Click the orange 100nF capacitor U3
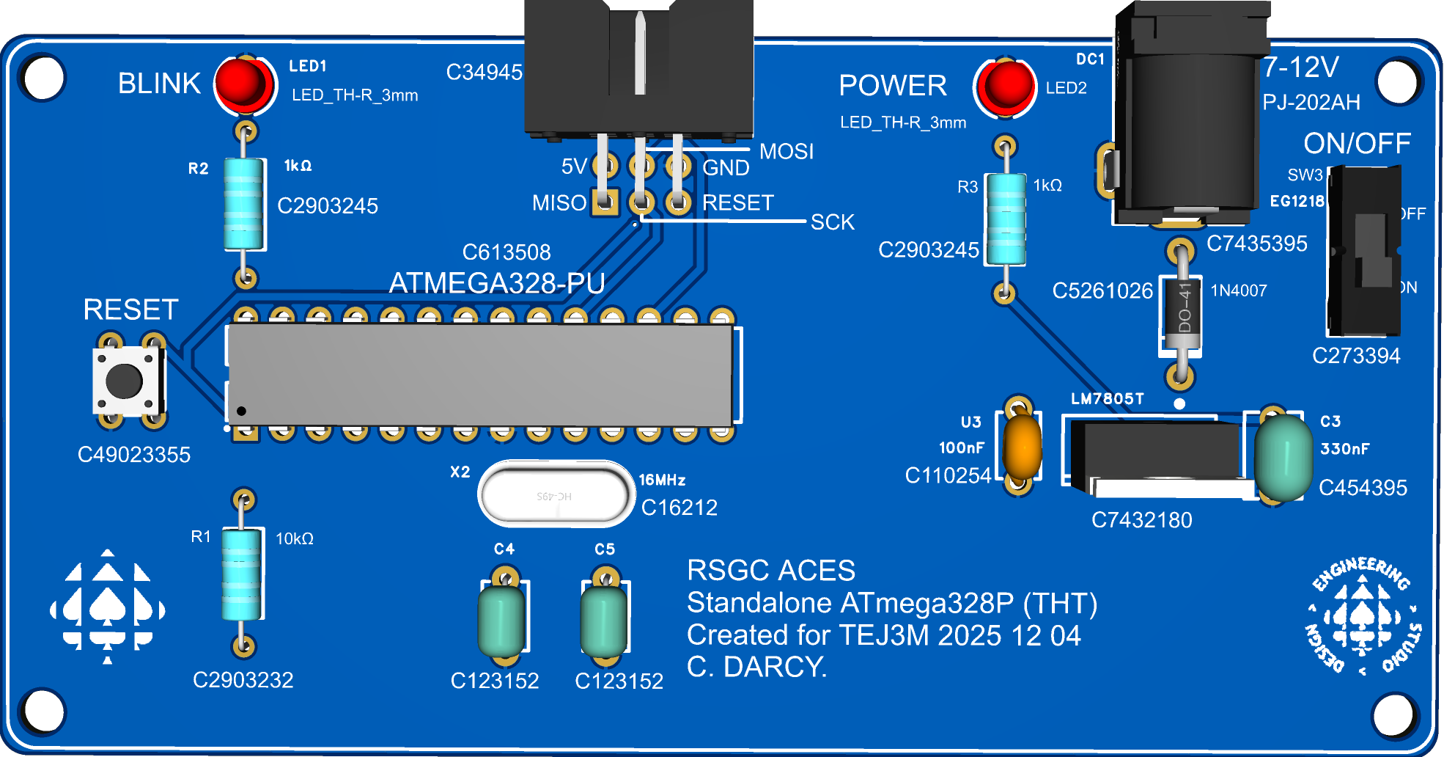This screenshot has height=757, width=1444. click(1022, 447)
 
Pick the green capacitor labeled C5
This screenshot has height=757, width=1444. click(604, 620)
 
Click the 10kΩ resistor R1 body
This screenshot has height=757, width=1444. click(242, 574)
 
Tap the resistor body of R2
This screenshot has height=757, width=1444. click(244, 204)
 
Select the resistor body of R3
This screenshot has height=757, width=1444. click(1005, 219)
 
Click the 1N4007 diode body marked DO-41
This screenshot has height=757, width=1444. click(1182, 315)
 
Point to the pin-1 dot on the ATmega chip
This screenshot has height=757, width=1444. click(241, 411)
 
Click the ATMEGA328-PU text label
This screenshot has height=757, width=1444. click(496, 283)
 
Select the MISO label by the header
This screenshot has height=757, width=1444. click(559, 203)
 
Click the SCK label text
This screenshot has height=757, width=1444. click(833, 222)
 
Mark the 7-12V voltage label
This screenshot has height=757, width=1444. click(1300, 67)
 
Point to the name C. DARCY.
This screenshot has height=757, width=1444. click(756, 667)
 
